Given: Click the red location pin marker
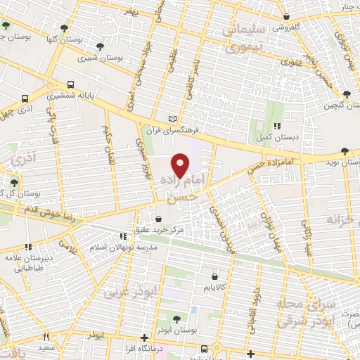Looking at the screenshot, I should (181, 165).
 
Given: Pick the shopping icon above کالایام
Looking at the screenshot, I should (214, 276).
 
